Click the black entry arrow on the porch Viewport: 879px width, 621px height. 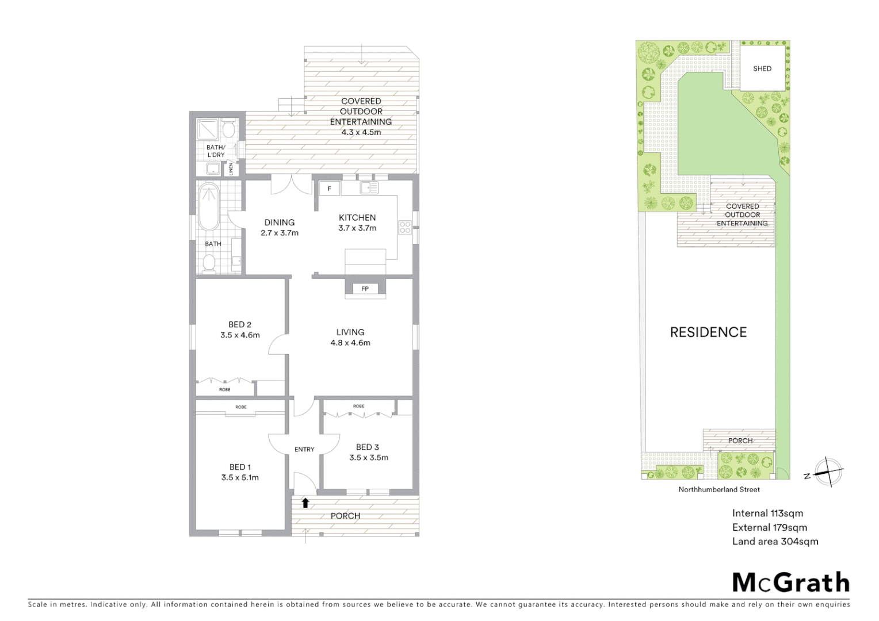305,503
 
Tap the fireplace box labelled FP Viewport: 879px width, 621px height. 365,289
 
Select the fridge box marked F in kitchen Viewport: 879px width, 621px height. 329,189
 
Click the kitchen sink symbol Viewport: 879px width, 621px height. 369,187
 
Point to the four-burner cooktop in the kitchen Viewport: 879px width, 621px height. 404,228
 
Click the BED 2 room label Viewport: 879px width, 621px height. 240,324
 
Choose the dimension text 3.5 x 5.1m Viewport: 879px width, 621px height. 240,477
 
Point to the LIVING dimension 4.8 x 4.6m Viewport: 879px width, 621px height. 350,343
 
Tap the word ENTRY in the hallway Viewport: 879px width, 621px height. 304,449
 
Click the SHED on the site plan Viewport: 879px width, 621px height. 762,68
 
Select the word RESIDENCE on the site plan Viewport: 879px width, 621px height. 708,332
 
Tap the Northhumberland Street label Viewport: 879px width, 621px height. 719,490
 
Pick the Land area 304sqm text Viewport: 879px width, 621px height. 775,541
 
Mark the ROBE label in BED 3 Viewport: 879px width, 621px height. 358,407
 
